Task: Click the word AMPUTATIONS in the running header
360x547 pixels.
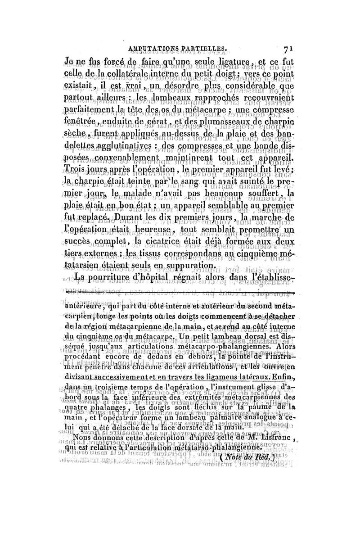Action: (x=151, y=49)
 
